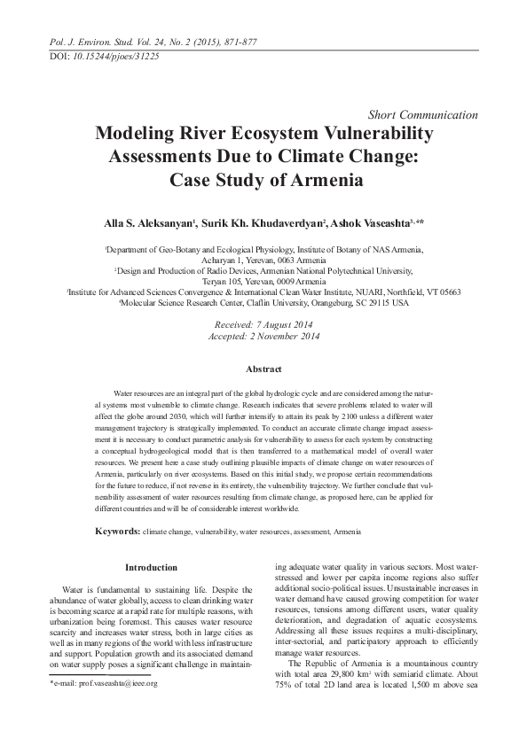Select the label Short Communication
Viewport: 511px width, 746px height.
[422, 115]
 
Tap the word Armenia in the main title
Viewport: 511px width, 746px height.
[320, 180]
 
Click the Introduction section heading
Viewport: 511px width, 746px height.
[151, 567]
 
